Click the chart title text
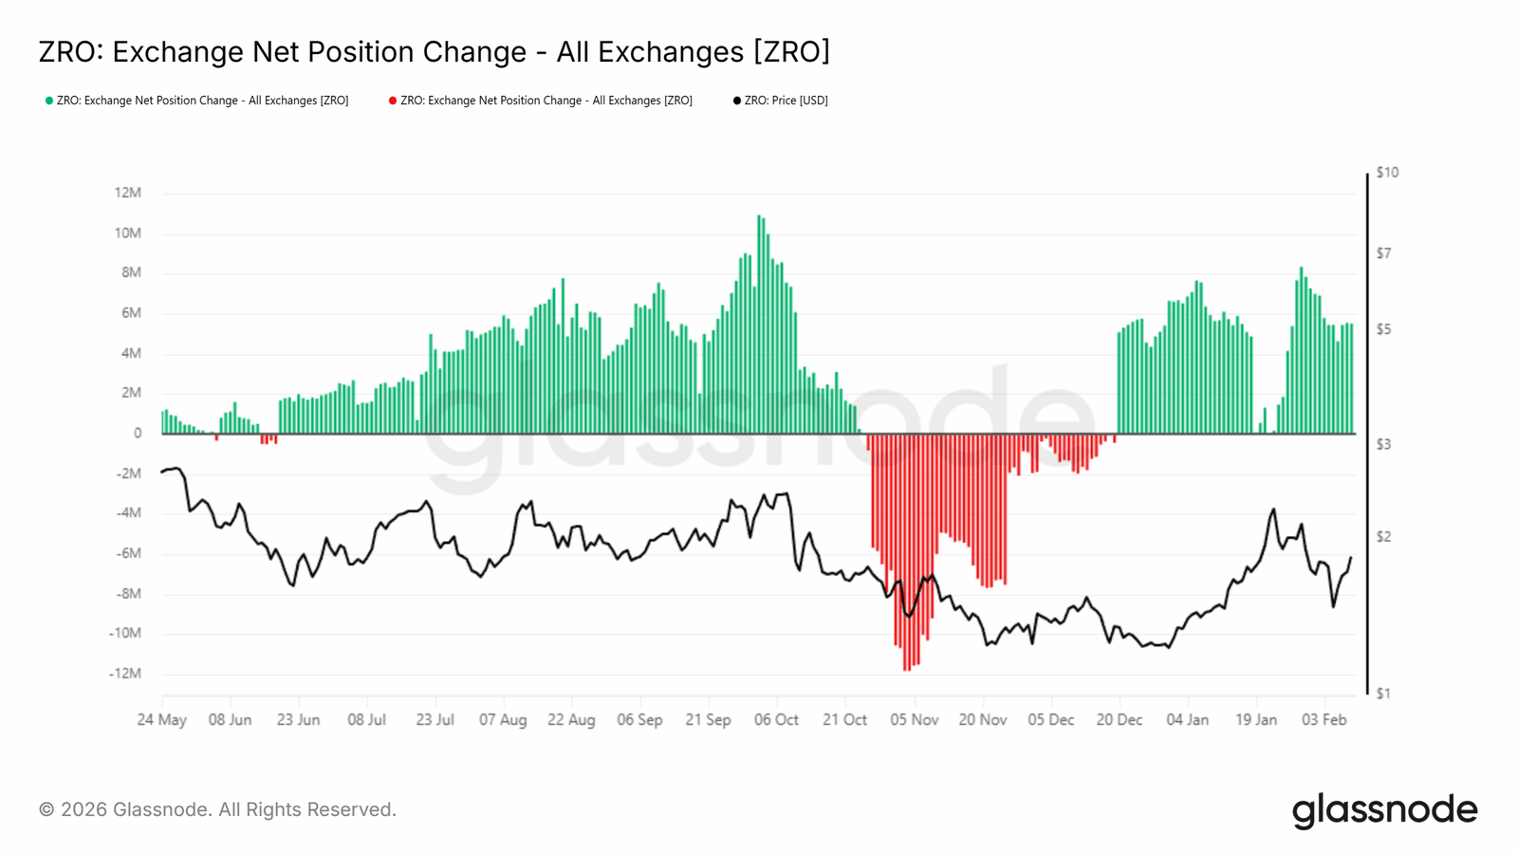tap(434, 52)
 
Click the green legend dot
tap(49, 101)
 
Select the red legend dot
tap(393, 101)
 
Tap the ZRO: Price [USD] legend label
tap(786, 101)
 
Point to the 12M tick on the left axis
tap(128, 193)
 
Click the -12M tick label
tap(125, 674)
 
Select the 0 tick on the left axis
tap(138, 434)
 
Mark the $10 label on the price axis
tap(1387, 173)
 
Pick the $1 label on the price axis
tap(1383, 694)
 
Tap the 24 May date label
tap(161, 720)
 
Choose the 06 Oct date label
tap(776, 720)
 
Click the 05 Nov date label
tap(914, 720)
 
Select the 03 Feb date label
tap(1324, 720)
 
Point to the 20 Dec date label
tap(1119, 720)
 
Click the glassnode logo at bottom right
tap(1384, 810)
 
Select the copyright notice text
tap(217, 810)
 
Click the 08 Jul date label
tap(366, 720)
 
